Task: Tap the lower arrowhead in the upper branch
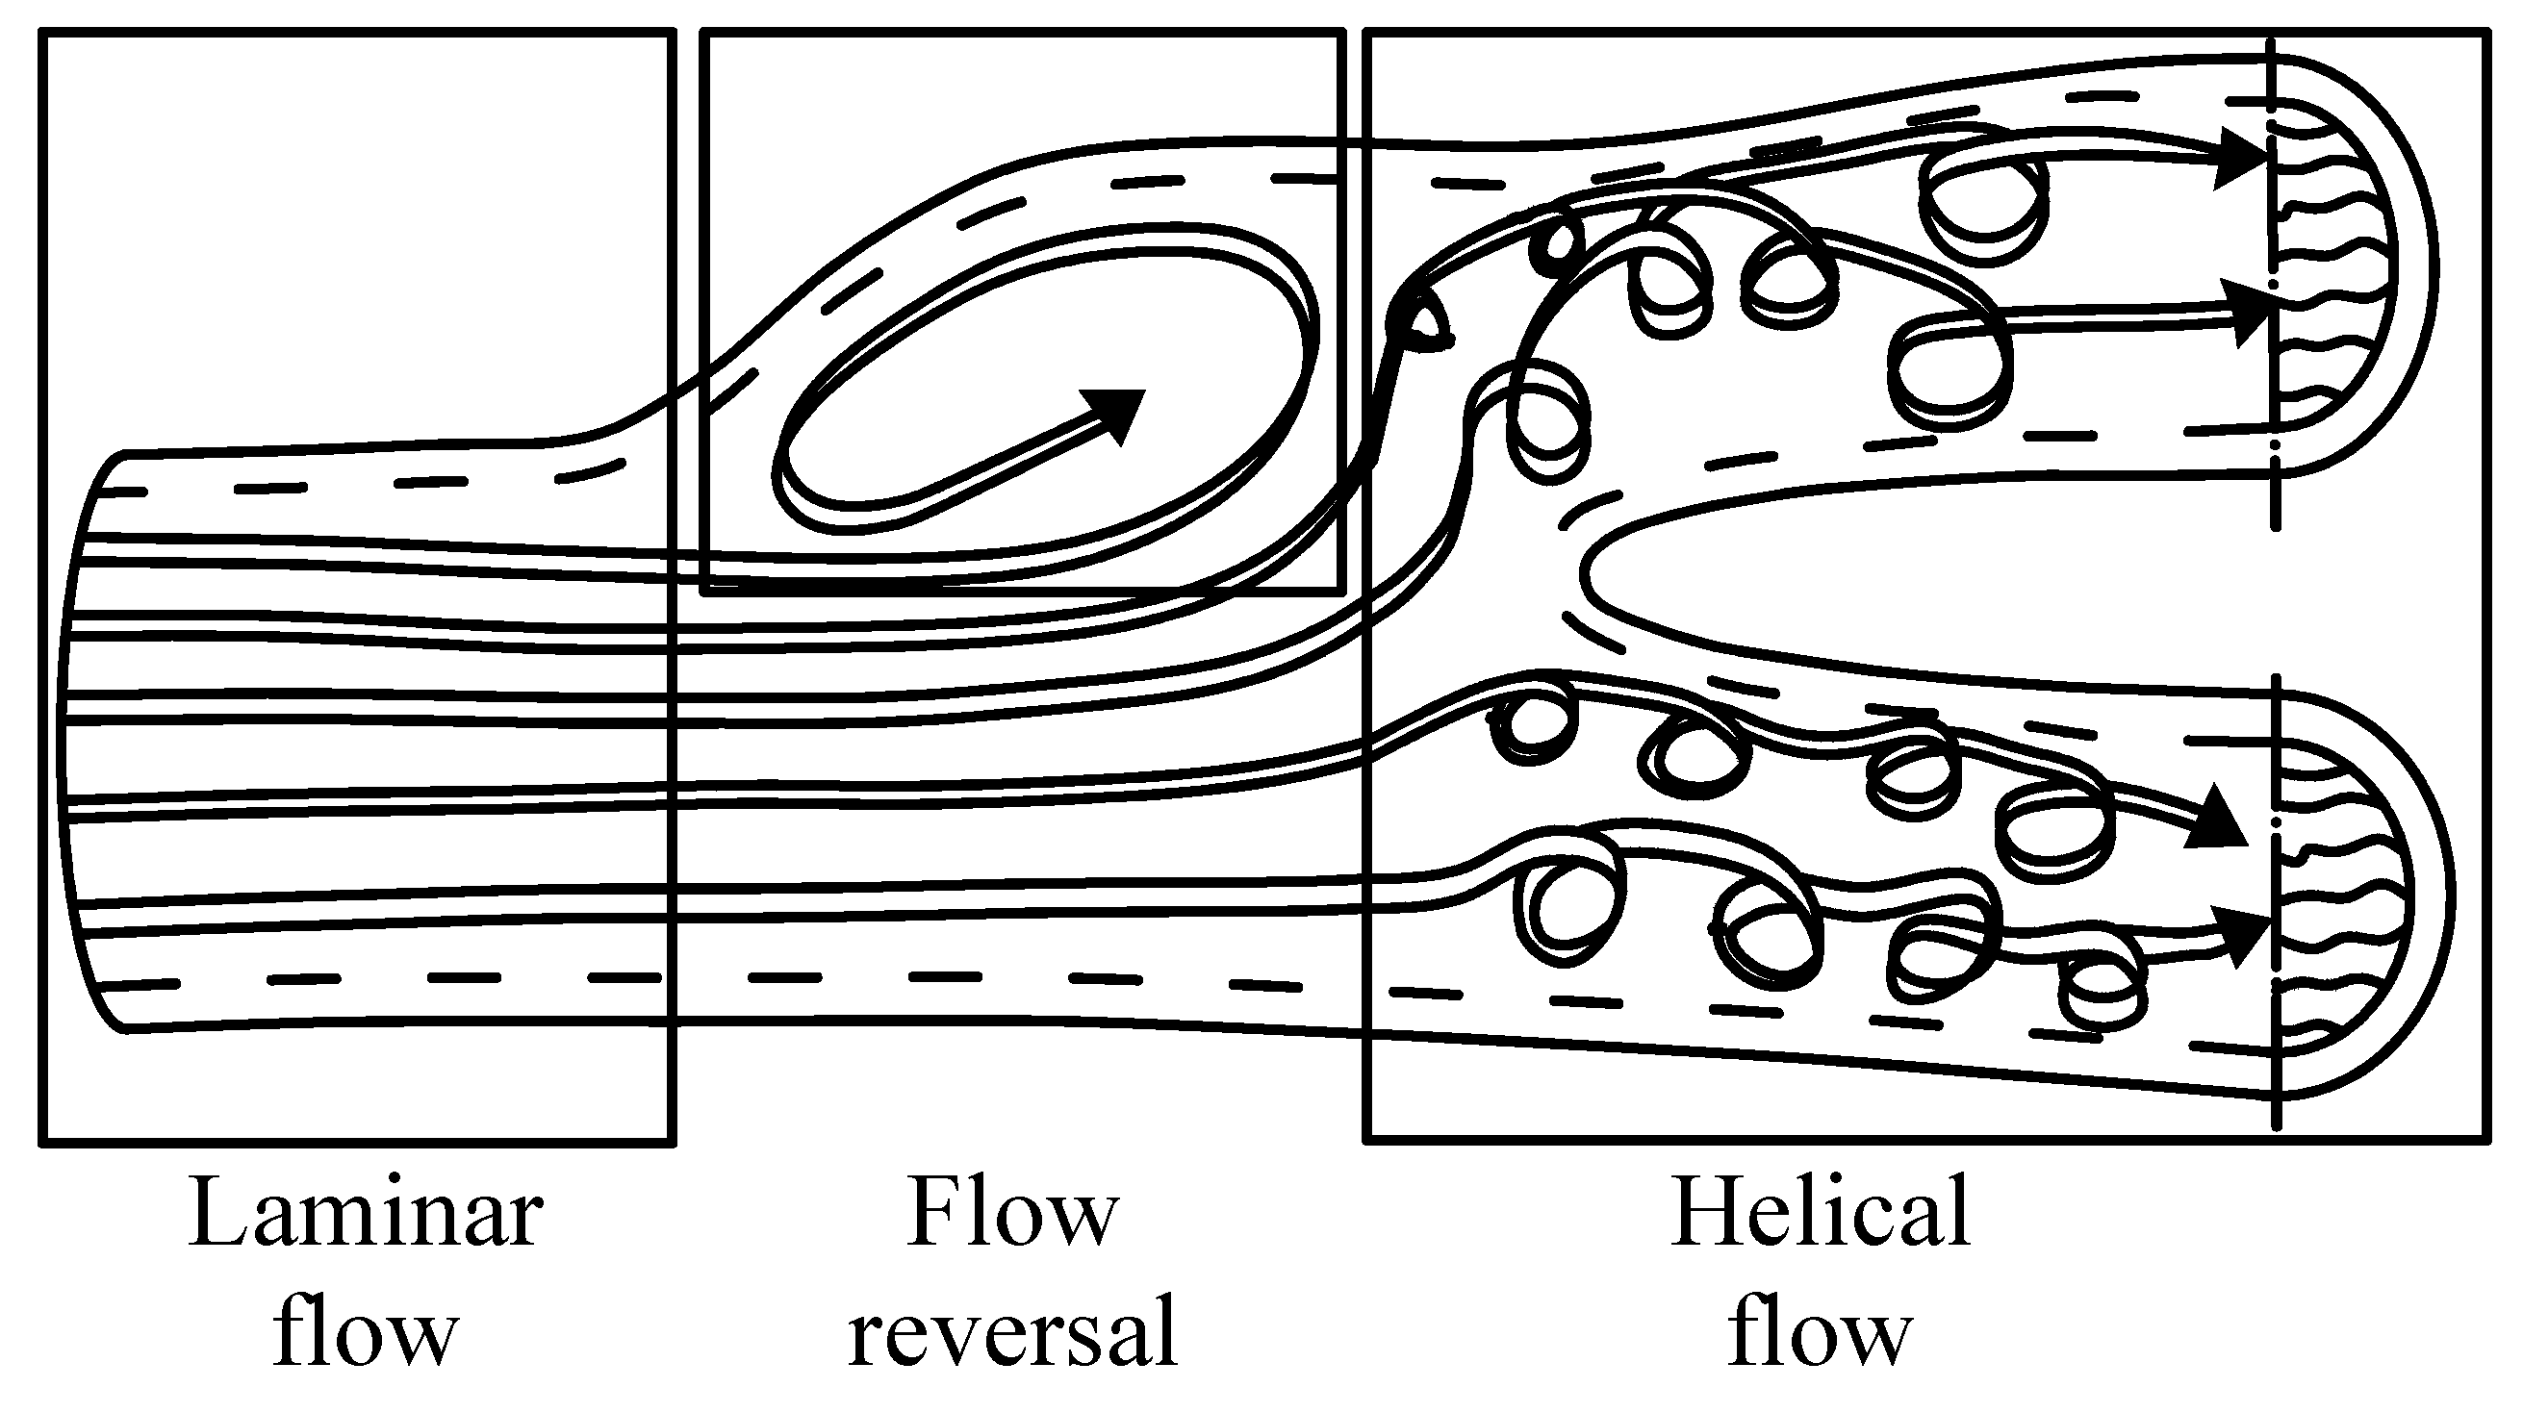tap(2248, 314)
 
